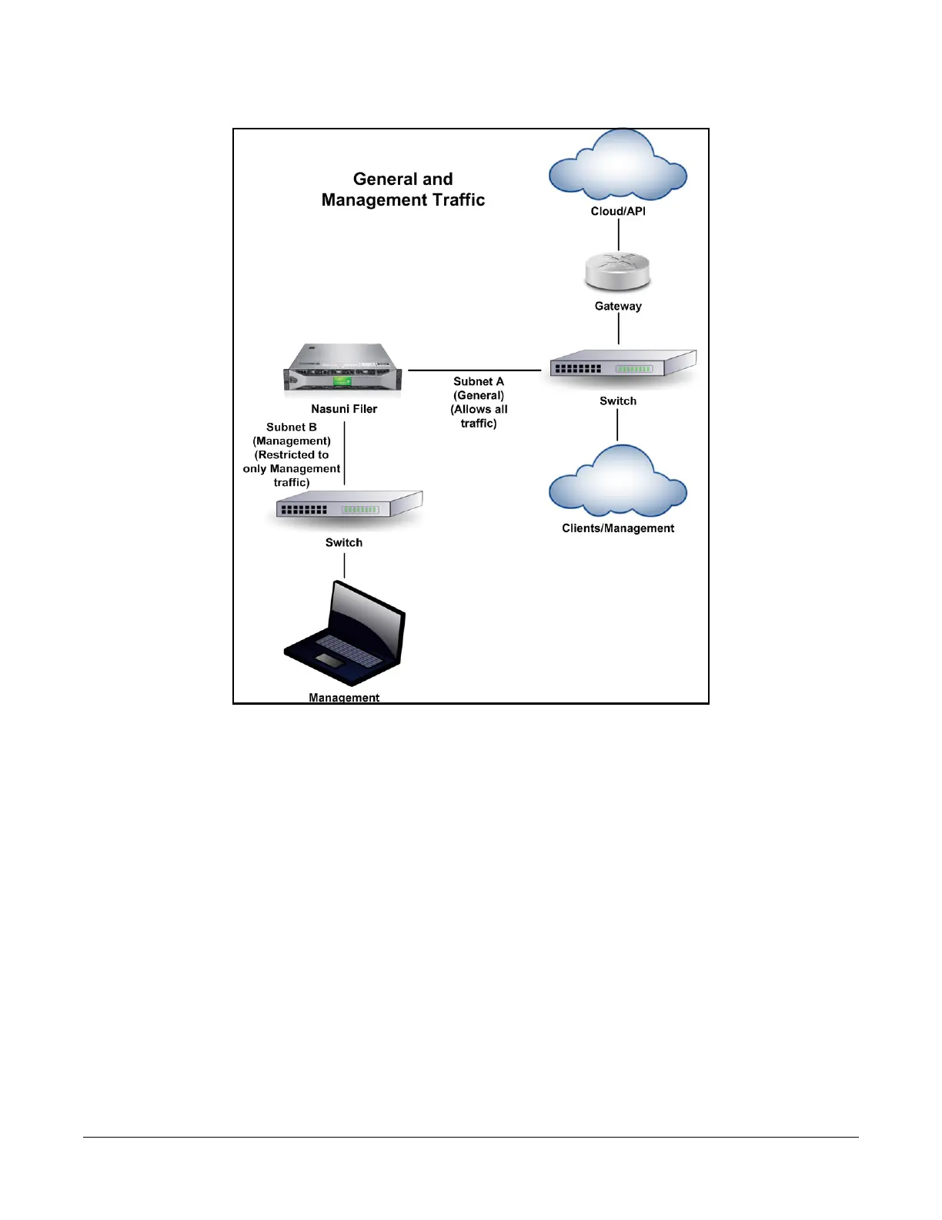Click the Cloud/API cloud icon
(x=617, y=166)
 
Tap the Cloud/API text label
(x=618, y=211)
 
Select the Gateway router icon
(x=617, y=272)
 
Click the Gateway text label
(x=618, y=306)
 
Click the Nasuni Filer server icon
(x=343, y=369)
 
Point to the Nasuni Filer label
(x=344, y=409)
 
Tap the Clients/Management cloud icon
(x=617, y=483)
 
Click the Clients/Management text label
(x=618, y=528)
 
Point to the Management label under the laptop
(x=344, y=697)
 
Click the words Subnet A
(x=479, y=381)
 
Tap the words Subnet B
(x=292, y=427)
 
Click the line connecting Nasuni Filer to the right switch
(x=474, y=370)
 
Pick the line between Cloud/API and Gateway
(x=618, y=234)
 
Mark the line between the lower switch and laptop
(x=344, y=566)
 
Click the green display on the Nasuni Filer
(x=342, y=381)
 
